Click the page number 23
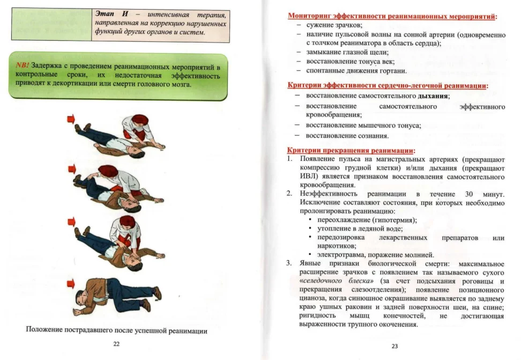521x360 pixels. (395, 346)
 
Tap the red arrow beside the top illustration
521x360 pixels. (71, 119)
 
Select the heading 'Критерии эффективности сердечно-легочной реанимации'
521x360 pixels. (388, 86)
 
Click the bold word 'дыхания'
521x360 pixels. (433, 96)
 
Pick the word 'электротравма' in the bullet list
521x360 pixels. (340, 254)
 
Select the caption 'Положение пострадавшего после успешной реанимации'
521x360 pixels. (117, 330)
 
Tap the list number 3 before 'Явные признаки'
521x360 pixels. (288, 263)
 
